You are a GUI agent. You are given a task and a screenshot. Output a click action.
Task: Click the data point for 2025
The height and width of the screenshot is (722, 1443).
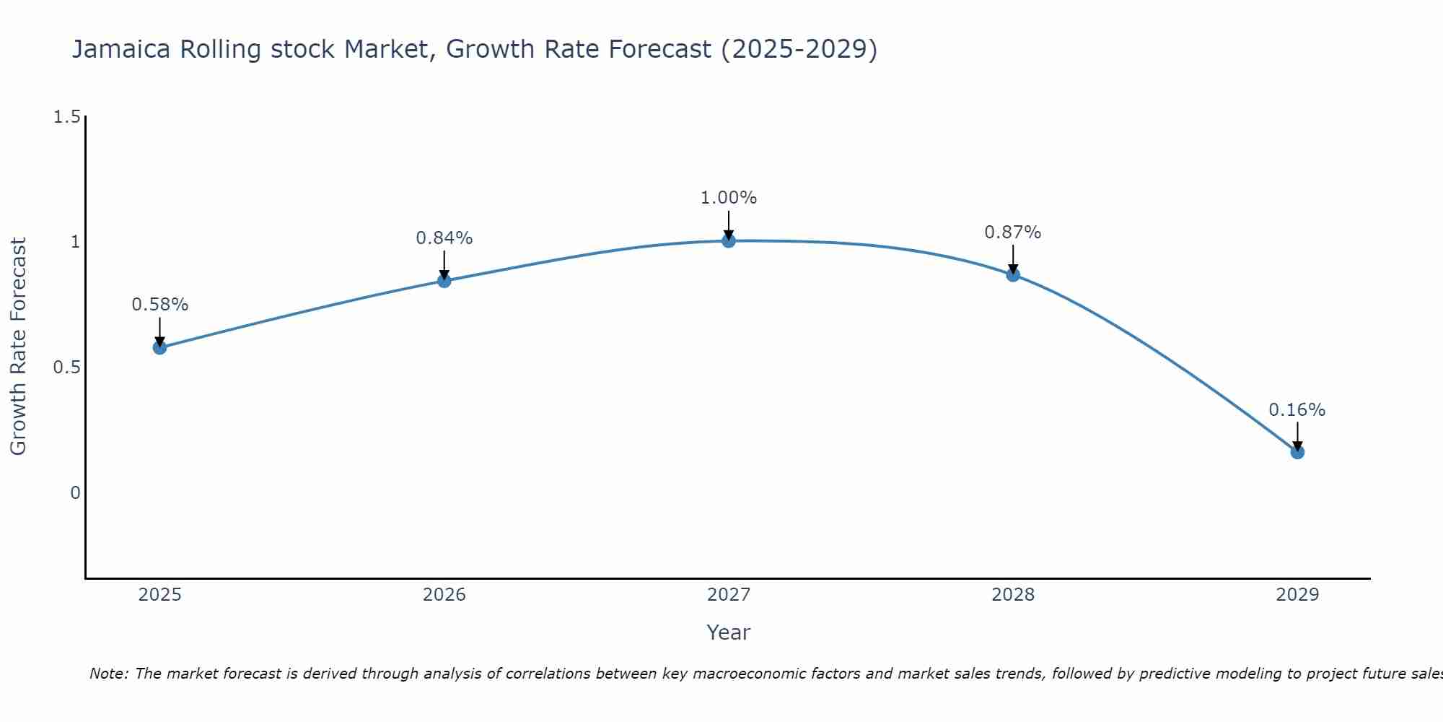[159, 347]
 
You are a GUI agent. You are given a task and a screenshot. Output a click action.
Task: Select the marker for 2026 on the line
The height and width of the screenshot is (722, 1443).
[444, 281]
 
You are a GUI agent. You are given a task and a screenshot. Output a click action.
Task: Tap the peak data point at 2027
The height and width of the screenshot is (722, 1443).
[729, 240]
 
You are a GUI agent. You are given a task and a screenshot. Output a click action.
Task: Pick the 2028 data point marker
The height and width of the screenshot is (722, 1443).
[1013, 274]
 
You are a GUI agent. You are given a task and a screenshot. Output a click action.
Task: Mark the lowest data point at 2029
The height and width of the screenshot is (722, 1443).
[1297, 452]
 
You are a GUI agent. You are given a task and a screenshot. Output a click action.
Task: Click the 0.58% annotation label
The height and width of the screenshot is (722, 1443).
[159, 305]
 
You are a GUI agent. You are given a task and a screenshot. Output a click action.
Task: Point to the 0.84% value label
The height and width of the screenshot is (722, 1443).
[444, 238]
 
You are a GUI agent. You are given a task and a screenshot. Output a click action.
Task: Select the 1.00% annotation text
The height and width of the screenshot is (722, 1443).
[729, 198]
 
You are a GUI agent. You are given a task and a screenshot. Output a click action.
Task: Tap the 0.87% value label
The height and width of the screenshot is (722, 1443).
[1013, 232]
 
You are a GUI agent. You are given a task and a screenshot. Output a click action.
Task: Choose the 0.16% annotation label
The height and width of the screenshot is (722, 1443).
[1297, 410]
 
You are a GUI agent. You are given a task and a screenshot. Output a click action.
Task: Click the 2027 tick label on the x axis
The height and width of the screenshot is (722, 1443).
[729, 595]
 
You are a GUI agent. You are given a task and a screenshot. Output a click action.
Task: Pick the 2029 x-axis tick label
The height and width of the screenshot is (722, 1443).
[1297, 595]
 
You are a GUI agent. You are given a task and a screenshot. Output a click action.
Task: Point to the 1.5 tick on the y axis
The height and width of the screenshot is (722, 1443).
[66, 117]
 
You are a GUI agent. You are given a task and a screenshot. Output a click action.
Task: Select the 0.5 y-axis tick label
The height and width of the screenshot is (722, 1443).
[66, 367]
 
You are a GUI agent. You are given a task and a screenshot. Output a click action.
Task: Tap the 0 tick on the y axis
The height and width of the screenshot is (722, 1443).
[75, 493]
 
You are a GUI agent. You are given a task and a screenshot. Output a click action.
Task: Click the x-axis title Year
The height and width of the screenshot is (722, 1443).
[729, 632]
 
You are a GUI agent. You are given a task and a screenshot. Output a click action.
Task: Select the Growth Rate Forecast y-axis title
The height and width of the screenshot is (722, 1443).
[18, 347]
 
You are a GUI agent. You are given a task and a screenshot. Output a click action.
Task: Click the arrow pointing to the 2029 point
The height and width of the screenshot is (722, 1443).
[1297, 435]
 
